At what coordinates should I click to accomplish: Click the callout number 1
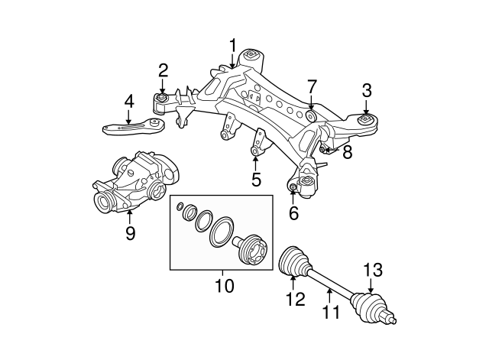(233, 47)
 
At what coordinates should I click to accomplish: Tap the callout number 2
(164, 71)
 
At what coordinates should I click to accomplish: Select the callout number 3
(367, 90)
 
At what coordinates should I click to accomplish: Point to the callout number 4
(129, 100)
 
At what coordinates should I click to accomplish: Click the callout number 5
(256, 180)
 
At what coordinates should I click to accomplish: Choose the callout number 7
(311, 86)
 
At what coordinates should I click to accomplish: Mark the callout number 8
(347, 152)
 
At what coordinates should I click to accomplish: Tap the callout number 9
(130, 233)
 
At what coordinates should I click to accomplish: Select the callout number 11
(329, 311)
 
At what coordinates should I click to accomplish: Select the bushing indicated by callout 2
(163, 100)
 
